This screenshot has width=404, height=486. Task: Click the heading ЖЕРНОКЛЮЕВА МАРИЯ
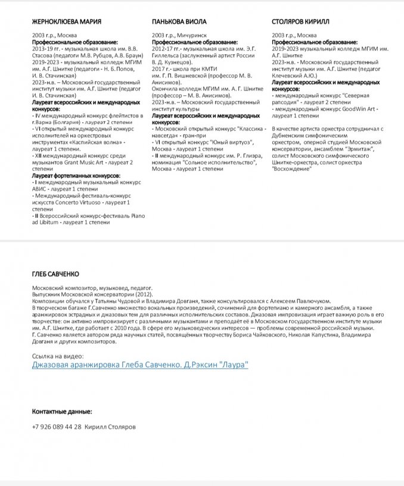(x=66, y=22)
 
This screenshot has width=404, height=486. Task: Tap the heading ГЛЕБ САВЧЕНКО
(x=55, y=273)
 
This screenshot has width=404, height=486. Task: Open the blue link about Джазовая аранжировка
(x=140, y=364)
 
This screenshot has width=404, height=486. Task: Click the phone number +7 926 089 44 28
(x=57, y=427)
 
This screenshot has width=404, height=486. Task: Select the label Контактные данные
(x=62, y=412)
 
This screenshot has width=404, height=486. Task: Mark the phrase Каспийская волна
(x=97, y=143)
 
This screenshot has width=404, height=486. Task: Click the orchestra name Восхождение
(x=291, y=169)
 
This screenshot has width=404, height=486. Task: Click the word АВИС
(x=41, y=189)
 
